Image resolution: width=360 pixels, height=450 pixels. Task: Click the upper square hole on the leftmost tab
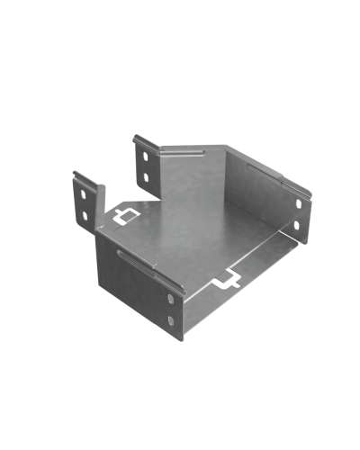point(82,193)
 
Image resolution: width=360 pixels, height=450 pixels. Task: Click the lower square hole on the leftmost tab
point(84,217)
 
